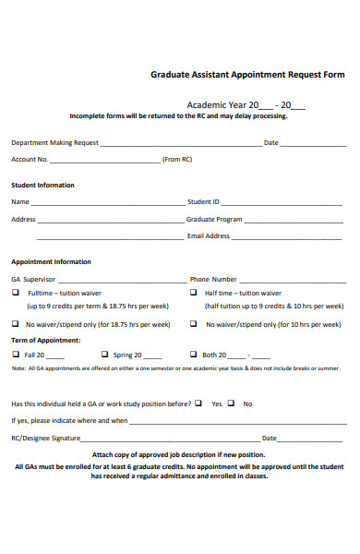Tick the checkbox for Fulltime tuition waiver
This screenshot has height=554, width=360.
point(15,292)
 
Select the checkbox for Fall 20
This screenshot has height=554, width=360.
point(15,354)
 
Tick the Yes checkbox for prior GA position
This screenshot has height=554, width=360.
point(202,403)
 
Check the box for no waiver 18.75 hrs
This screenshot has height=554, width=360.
point(15,324)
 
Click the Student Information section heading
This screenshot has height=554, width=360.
point(42,185)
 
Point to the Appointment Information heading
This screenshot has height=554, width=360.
point(51,261)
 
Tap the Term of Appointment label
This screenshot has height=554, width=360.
point(45,340)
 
